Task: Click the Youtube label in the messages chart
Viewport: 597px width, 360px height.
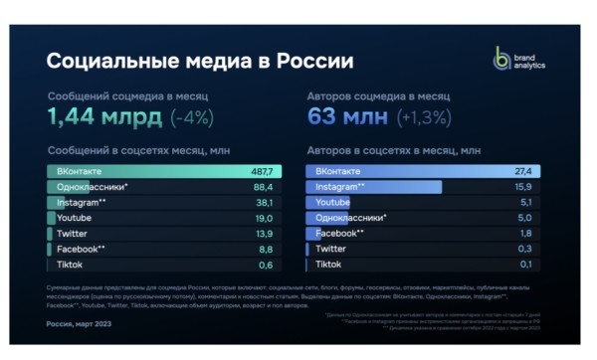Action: tap(75, 218)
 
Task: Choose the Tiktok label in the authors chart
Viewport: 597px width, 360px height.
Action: tap(328, 265)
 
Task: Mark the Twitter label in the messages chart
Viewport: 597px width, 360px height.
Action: tap(73, 233)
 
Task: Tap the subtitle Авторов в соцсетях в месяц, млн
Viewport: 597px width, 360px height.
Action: tap(393, 150)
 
